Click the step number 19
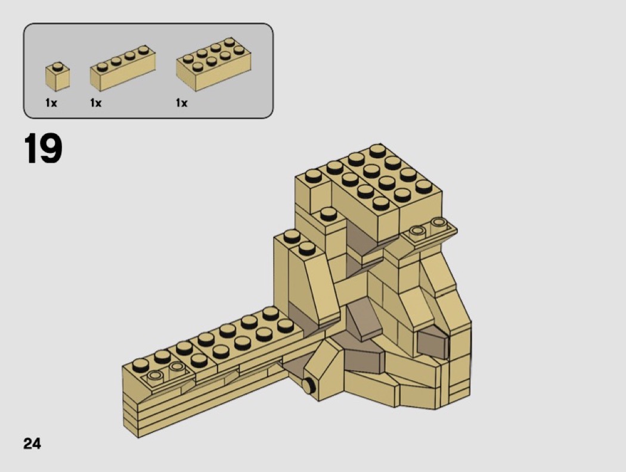click(43, 148)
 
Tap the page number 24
click(32, 443)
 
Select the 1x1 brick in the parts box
click(57, 77)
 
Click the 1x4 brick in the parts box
click(123, 68)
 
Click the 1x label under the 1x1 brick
click(51, 103)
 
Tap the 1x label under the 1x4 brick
click(96, 103)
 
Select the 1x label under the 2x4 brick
click(182, 103)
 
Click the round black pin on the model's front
click(308, 386)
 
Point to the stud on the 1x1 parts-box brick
click(58, 66)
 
